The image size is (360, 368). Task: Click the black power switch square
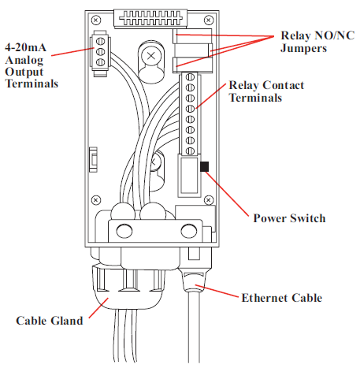pyautogui.click(x=204, y=167)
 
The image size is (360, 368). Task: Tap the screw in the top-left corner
pyautogui.click(x=96, y=19)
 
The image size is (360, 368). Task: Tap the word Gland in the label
pyautogui.click(x=67, y=321)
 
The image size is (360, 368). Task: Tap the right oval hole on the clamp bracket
pyautogui.click(x=187, y=231)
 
